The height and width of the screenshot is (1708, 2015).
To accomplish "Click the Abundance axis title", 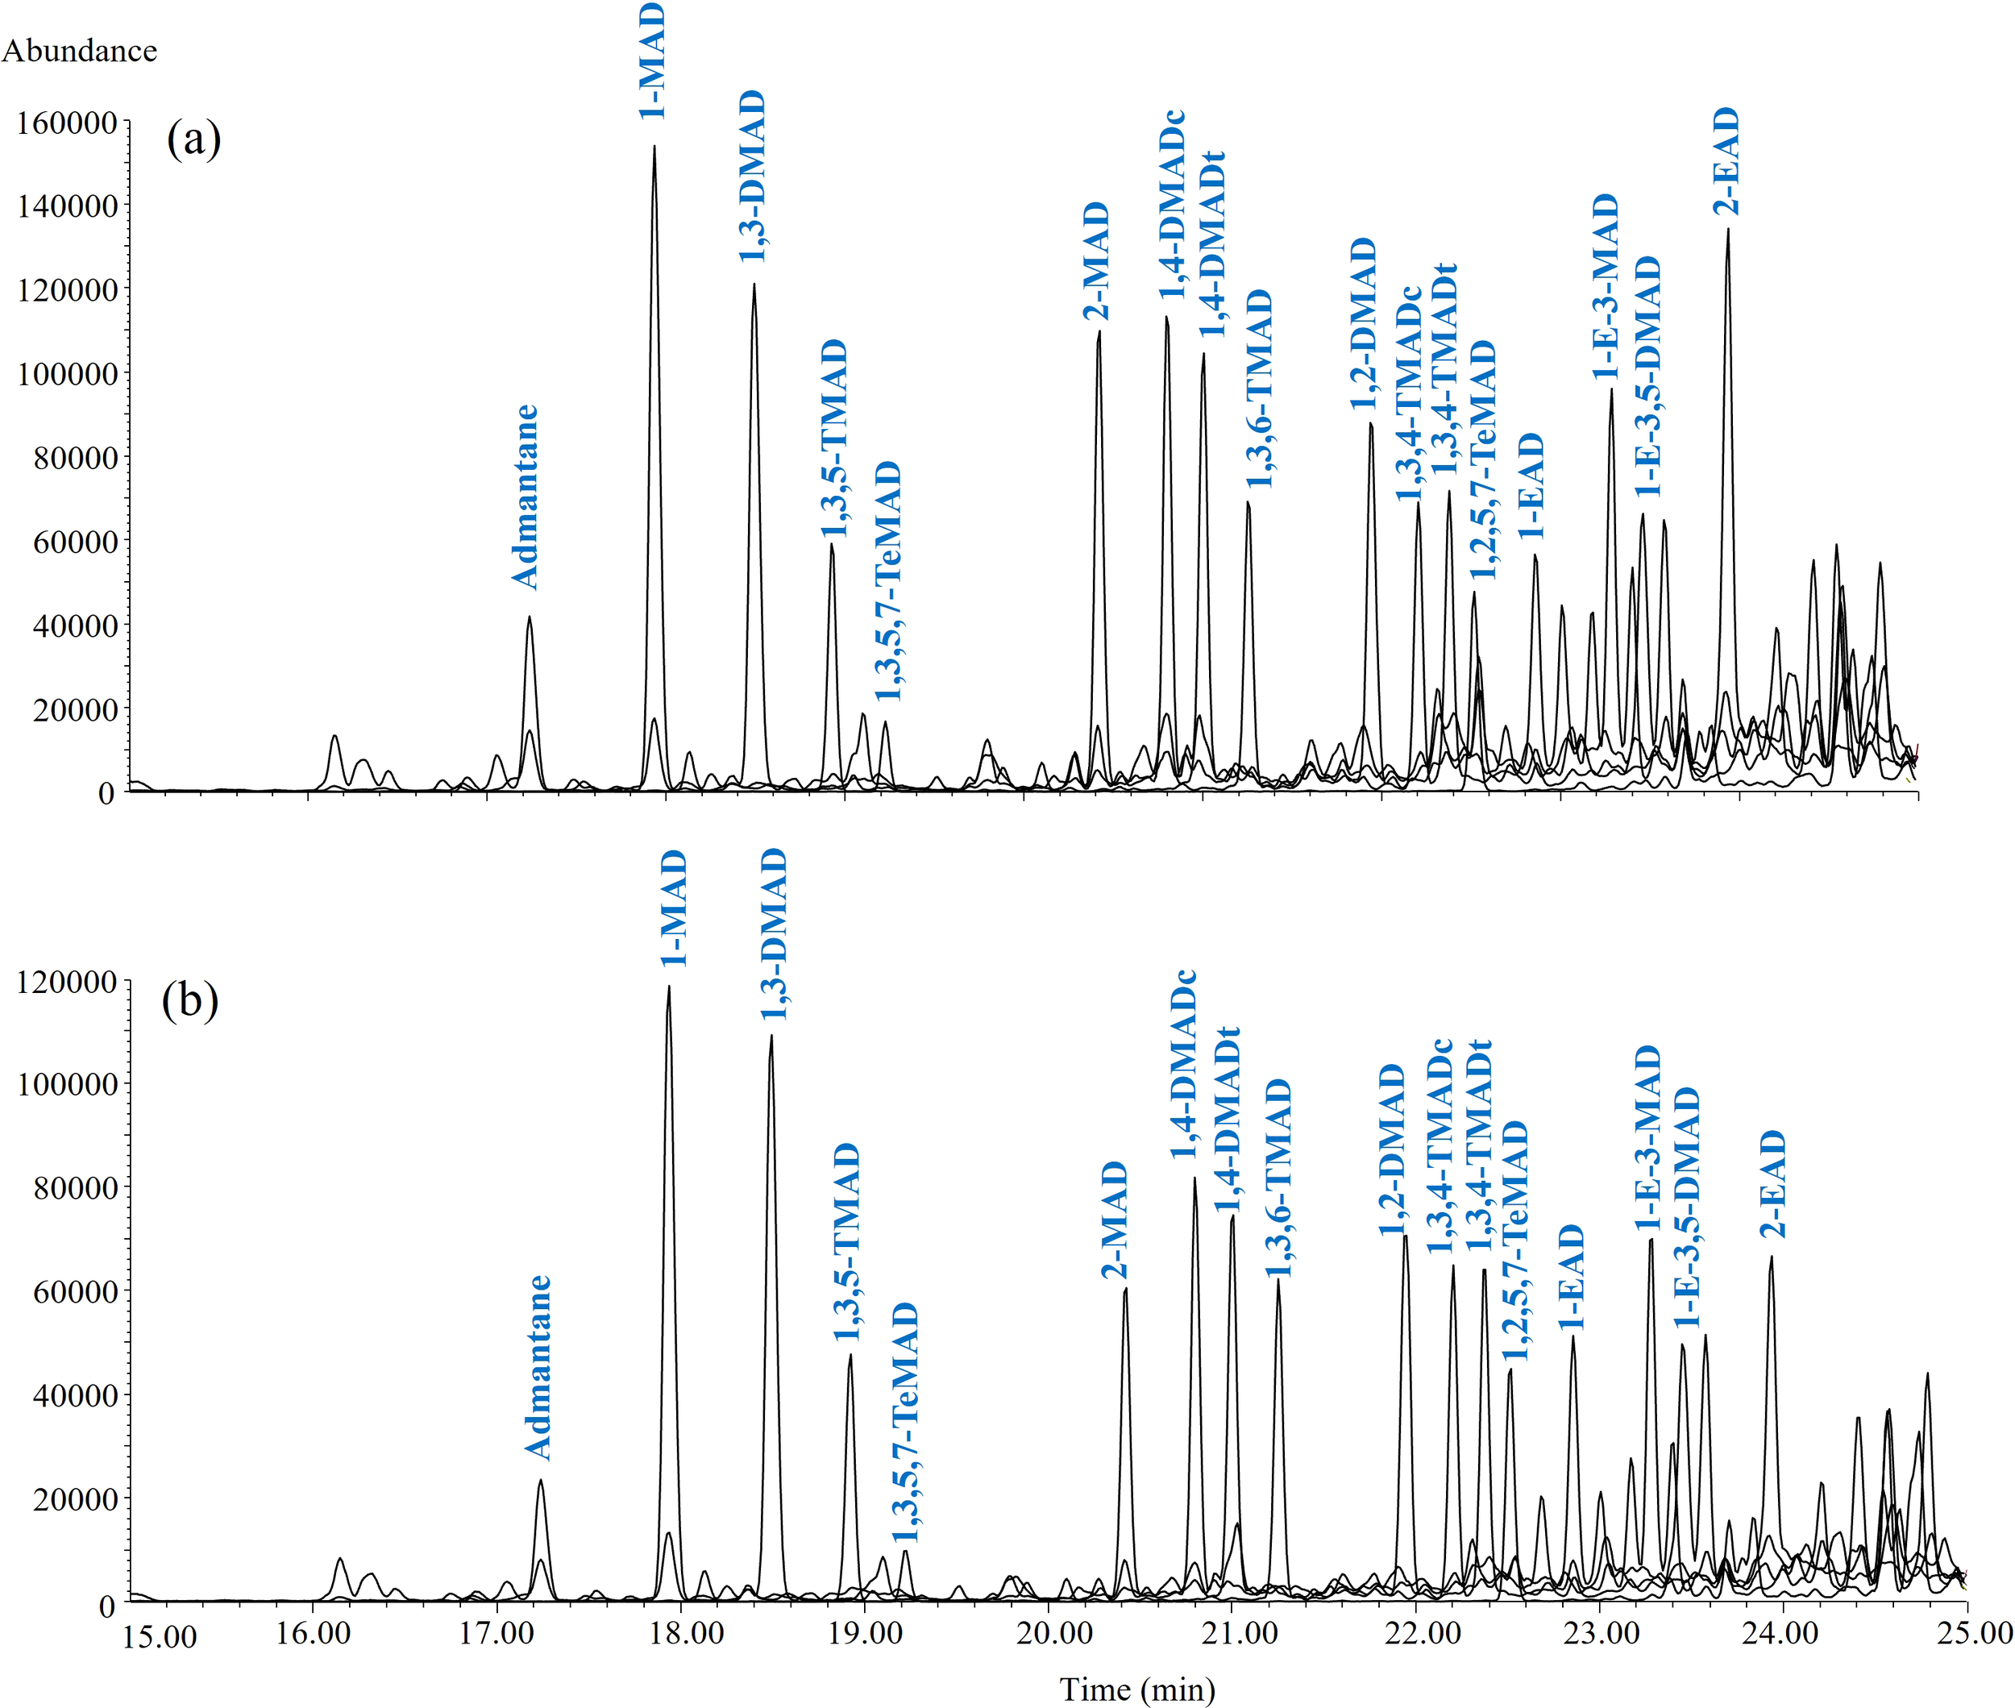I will pos(80,50).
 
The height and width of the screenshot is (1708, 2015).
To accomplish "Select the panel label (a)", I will pos(193,139).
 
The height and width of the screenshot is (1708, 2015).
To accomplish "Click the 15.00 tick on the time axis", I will pos(160,1636).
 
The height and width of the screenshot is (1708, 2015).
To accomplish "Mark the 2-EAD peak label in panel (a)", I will pos(1726,160).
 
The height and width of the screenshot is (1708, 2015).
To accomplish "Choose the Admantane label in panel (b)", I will pos(538,1366).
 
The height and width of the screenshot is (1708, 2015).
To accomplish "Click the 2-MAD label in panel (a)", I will pos(1096,261).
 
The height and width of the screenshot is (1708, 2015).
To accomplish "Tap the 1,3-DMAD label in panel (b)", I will pos(773,934).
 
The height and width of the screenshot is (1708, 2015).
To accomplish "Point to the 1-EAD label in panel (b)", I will pos(1571,1276).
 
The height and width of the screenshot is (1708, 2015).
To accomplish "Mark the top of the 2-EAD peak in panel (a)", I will pos(1727,230).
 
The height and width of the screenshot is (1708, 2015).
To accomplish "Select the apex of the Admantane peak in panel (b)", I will pos(540,1481).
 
